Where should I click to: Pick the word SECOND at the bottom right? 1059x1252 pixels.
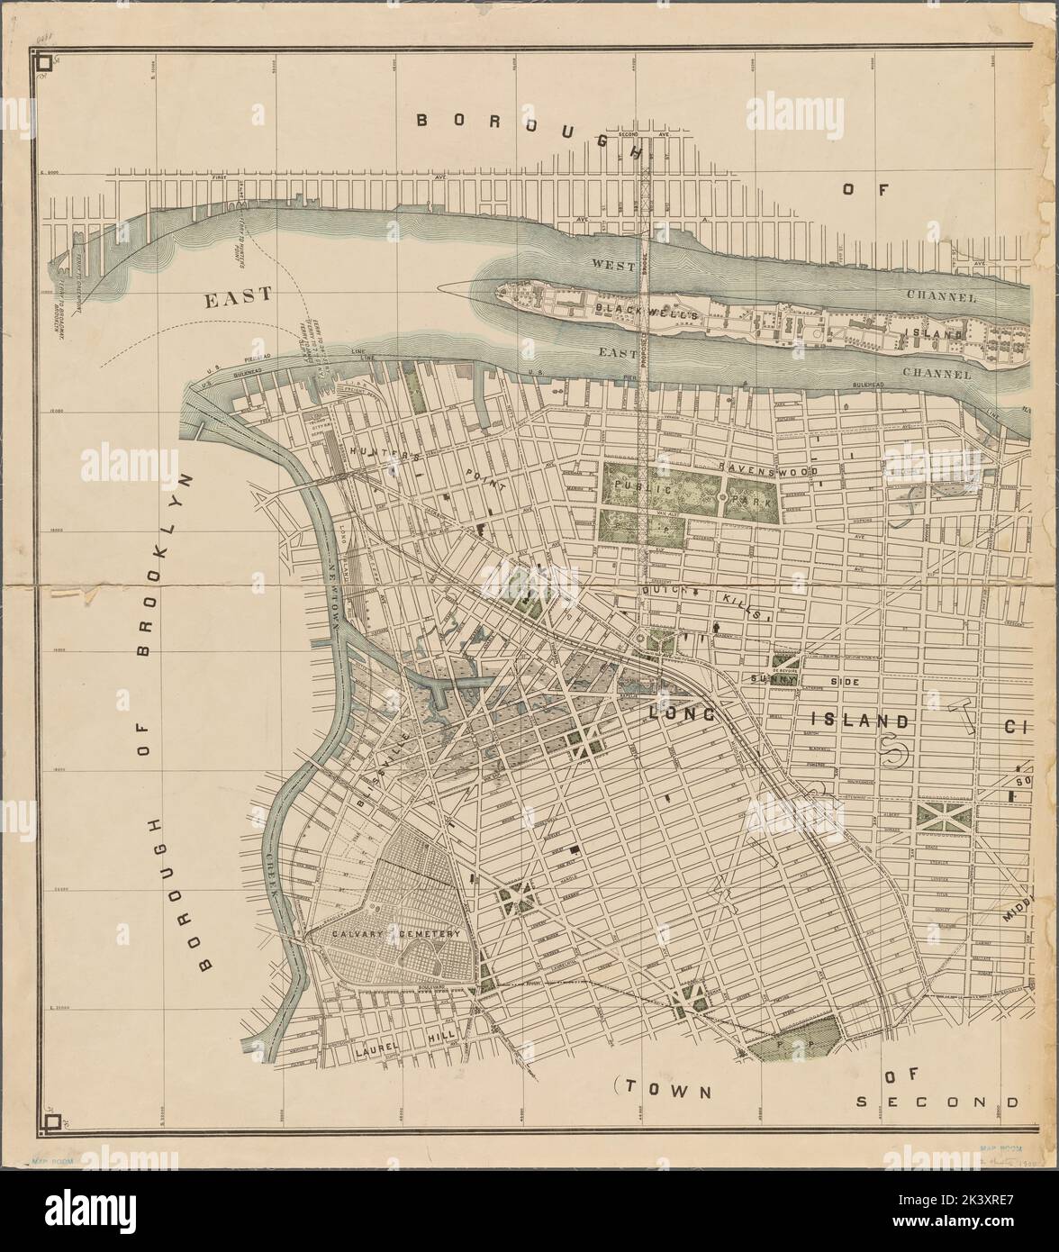(x=938, y=1101)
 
